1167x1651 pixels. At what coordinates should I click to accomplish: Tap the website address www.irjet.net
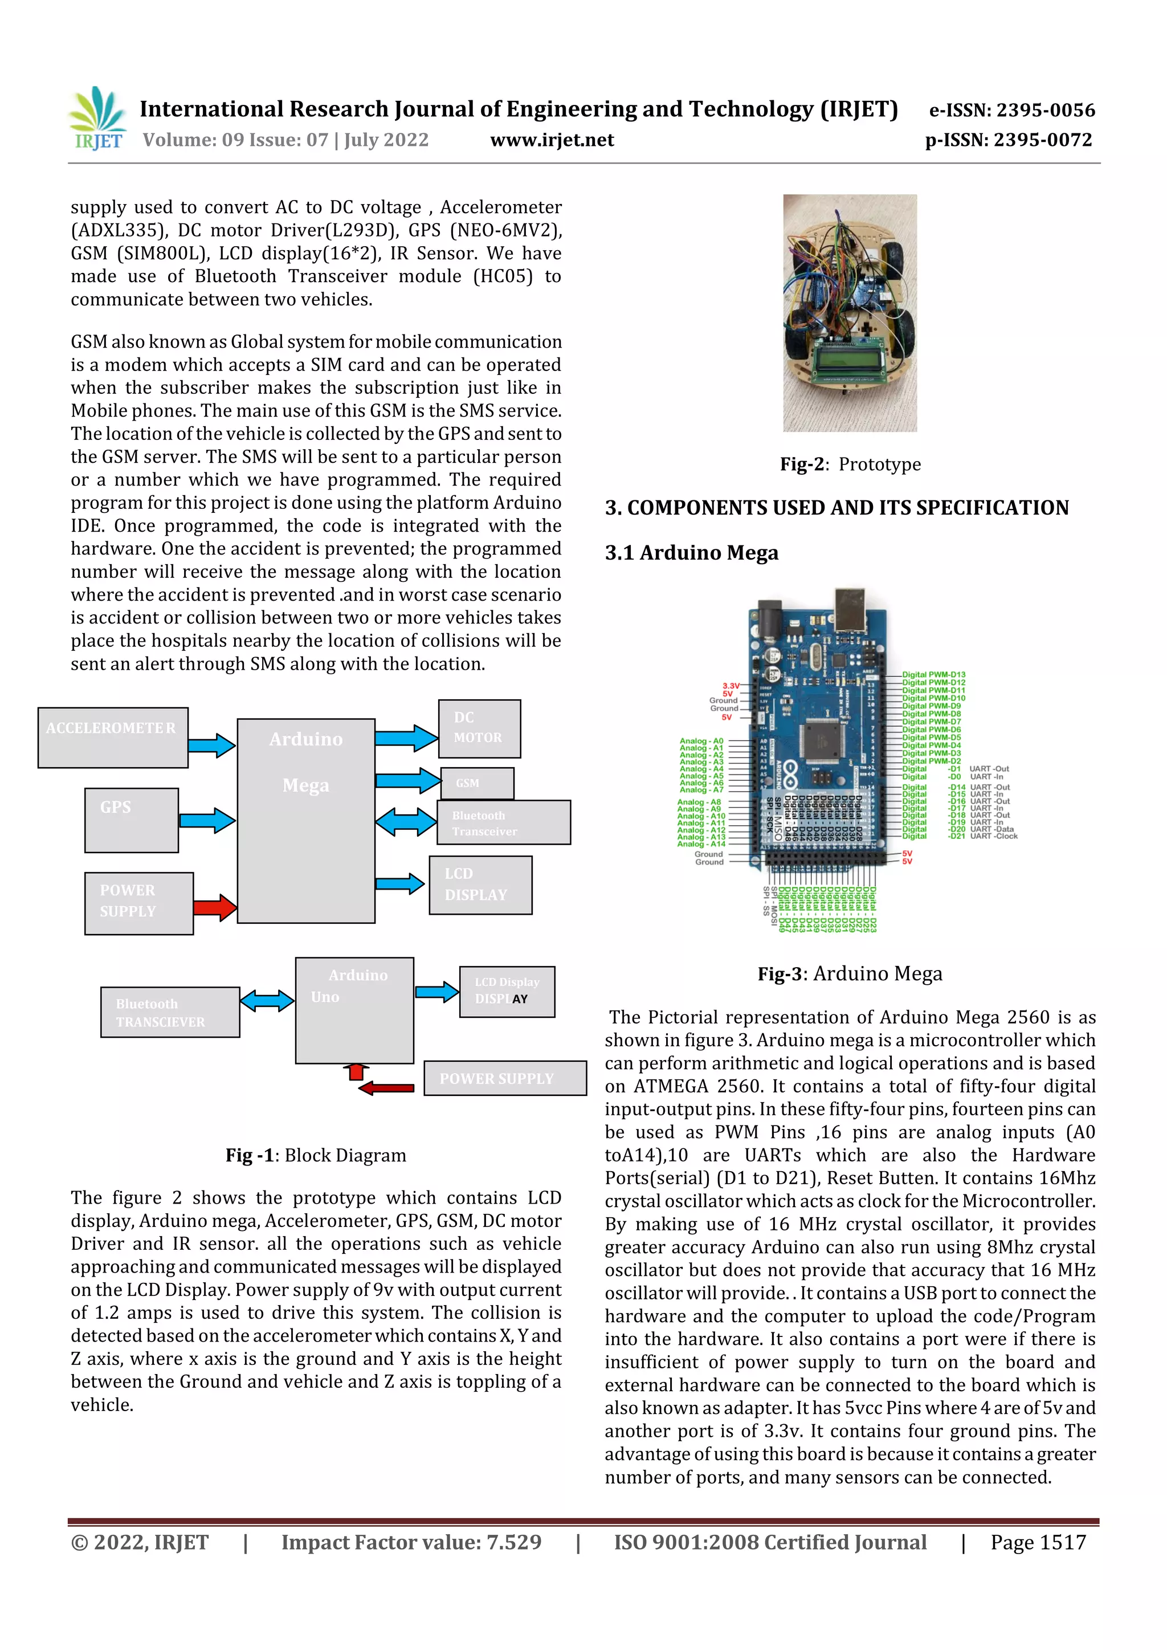552,140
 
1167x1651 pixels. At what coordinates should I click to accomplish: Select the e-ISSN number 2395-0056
1011,110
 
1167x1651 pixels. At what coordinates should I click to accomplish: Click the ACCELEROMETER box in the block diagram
113,737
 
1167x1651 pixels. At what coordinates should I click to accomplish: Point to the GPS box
131,820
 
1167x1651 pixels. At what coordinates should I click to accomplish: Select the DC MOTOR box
479,728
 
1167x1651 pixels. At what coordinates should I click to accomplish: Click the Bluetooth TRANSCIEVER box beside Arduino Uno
170,1012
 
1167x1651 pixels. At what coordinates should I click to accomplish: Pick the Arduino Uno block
354,1010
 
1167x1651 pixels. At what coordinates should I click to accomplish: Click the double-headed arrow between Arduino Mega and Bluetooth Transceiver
406,822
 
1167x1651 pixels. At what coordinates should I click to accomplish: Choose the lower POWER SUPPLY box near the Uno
505,1078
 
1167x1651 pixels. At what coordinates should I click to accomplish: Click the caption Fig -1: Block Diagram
316,1155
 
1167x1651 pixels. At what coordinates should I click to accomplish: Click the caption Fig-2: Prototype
850,464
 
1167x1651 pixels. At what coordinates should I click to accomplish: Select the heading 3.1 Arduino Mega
691,553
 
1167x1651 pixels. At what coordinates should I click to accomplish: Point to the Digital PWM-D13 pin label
933,675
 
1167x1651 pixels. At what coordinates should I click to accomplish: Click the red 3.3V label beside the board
730,686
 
